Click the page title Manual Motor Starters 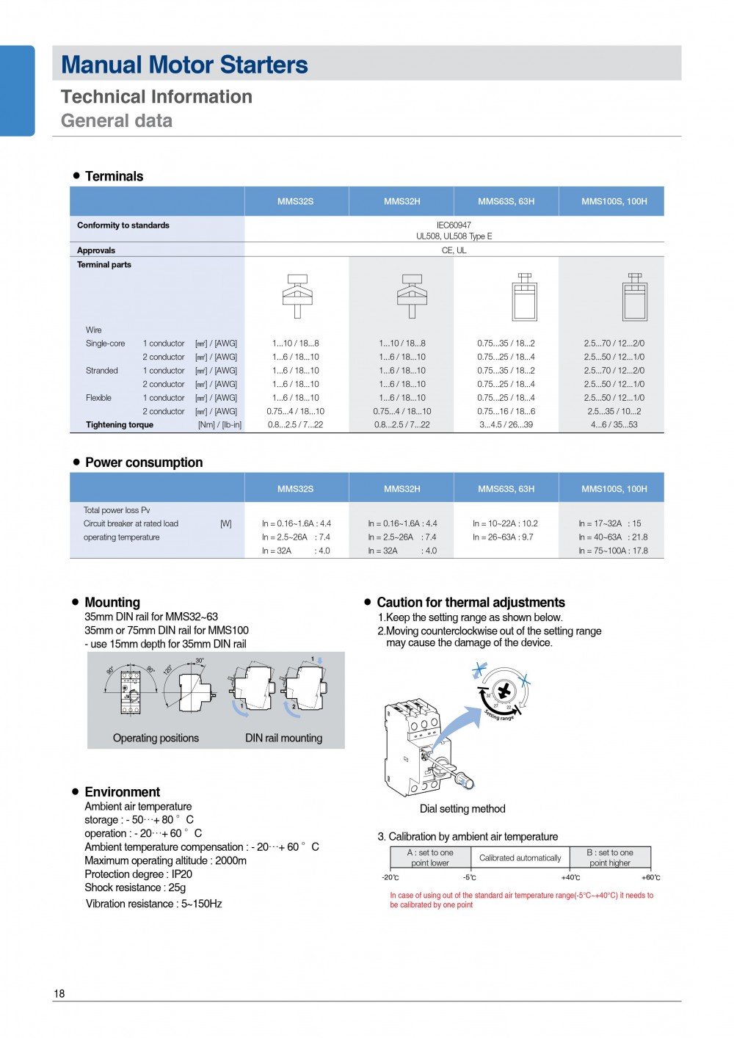(x=184, y=65)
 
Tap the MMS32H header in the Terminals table (x=401, y=201)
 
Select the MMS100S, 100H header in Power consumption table (x=614, y=489)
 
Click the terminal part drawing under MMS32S (x=297, y=296)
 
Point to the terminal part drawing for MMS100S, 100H (x=635, y=297)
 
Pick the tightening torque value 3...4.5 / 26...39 (x=506, y=425)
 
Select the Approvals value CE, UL (x=454, y=250)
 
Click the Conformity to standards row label (x=123, y=225)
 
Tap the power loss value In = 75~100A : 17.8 (x=613, y=551)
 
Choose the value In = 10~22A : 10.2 (x=505, y=523)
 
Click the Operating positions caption (x=156, y=738)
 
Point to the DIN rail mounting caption (x=283, y=738)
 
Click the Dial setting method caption (x=462, y=809)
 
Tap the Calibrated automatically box (x=520, y=857)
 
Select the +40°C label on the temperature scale (x=570, y=877)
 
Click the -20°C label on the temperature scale (x=390, y=877)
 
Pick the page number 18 (x=59, y=993)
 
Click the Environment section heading (x=122, y=792)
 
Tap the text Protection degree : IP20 (x=138, y=874)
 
